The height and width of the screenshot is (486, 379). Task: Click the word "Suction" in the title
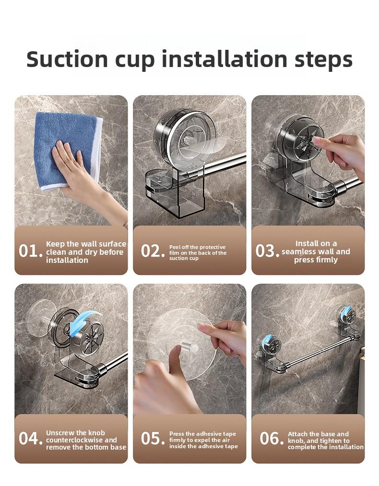pos(67,59)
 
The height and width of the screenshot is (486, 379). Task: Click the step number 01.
pos(31,251)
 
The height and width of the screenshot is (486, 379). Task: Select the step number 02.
pos(153,251)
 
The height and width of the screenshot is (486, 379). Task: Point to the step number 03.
pos(267,251)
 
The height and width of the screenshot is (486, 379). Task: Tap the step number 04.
pos(31,439)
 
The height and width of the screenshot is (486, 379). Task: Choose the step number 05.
pos(153,439)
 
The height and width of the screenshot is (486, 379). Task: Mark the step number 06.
pos(272,439)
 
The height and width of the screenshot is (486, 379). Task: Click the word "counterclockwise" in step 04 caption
pos(82,440)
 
